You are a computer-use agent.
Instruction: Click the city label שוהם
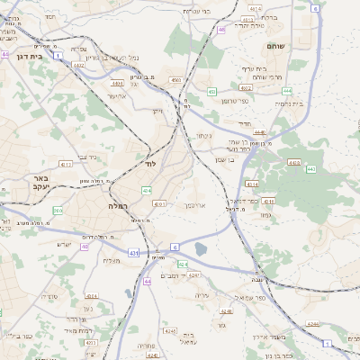click(275, 45)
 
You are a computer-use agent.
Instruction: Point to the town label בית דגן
click(30, 56)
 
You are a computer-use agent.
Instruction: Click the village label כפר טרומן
click(235, 100)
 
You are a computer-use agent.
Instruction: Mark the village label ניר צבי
click(88, 157)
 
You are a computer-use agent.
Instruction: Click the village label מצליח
click(112, 260)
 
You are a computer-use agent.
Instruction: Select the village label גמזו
click(263, 214)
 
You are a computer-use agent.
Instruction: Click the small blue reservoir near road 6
click(200, 248)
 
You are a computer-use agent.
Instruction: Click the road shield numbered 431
click(133, 255)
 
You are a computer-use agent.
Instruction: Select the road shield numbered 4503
click(175, 81)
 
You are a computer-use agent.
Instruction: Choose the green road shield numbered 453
click(212, 91)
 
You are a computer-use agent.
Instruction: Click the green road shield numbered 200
click(58, 211)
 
